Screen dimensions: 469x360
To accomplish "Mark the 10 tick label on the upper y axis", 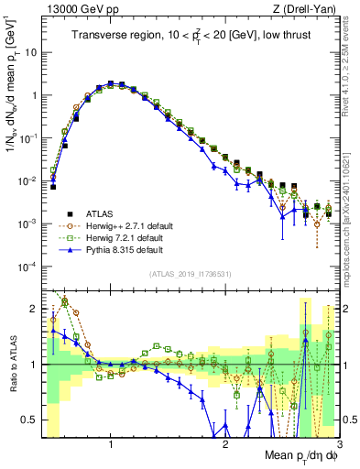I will pos(31,52).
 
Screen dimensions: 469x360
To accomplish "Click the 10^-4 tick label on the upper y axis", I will pos(27,267).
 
